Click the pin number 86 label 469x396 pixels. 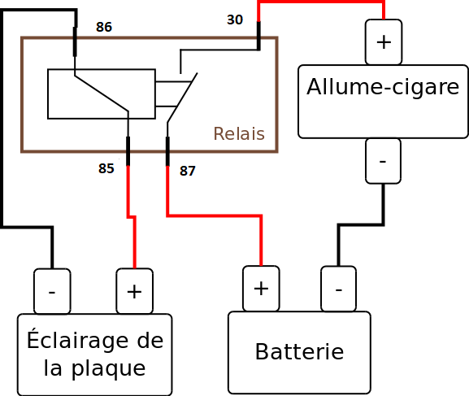pyautogui.click(x=104, y=27)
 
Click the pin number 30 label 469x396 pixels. pyautogui.click(x=235, y=20)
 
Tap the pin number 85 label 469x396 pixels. pyautogui.click(x=106, y=168)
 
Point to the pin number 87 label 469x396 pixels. pyautogui.click(x=188, y=171)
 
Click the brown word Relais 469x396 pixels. pyautogui.click(x=239, y=133)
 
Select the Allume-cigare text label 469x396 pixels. pyautogui.click(x=383, y=87)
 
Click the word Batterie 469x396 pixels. pyautogui.click(x=299, y=351)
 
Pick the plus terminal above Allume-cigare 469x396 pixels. pyautogui.click(x=384, y=42)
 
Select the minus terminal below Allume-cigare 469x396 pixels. pyautogui.click(x=383, y=161)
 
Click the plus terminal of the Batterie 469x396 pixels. pyautogui.click(x=261, y=289)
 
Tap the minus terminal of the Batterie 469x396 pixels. pyautogui.click(x=339, y=289)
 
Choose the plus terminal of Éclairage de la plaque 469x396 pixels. pyautogui.click(x=135, y=291)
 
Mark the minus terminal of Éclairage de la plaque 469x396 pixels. pyautogui.click(x=52, y=291)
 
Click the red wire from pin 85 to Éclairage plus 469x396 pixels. pyautogui.click(x=132, y=217)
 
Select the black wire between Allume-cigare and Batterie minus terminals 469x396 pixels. pyautogui.click(x=361, y=224)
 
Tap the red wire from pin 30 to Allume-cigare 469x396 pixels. pyautogui.click(x=321, y=2)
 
